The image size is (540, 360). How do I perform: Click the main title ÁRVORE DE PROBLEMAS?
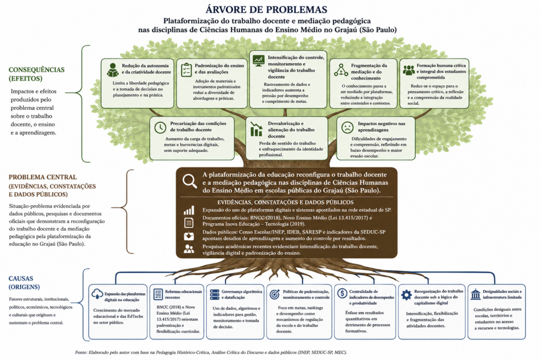tap(266, 9)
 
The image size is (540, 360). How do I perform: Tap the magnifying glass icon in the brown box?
tap(190, 181)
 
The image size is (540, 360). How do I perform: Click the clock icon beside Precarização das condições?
tap(160, 128)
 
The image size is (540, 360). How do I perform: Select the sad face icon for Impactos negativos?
tap(348, 128)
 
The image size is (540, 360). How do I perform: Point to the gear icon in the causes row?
tap(407, 295)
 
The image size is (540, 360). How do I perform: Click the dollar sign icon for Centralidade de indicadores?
tap(342, 294)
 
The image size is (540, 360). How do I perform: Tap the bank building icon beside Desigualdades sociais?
tap(476, 294)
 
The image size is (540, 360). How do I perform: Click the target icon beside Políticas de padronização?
tap(274, 294)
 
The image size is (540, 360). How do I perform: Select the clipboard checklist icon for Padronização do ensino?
tap(186, 70)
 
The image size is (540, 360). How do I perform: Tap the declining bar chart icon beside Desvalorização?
tap(256, 129)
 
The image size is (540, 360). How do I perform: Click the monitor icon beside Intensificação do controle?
tap(258, 61)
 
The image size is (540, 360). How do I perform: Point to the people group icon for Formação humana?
tap(409, 70)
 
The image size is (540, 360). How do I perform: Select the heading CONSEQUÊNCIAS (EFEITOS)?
tap(36, 74)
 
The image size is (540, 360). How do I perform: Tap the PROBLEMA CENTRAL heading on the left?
tap(43, 177)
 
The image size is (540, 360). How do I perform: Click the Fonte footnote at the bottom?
tap(211, 353)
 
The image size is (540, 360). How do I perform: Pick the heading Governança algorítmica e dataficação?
tap(242, 294)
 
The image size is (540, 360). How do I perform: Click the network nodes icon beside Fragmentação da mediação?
tap(341, 70)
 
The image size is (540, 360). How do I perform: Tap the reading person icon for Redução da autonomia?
tap(112, 70)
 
